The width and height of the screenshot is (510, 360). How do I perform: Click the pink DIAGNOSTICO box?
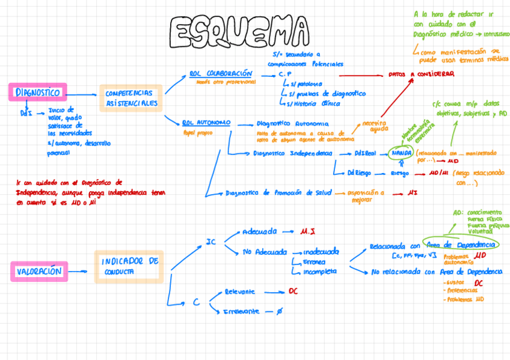click(x=37, y=93)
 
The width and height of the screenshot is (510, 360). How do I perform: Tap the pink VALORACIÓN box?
click(x=38, y=271)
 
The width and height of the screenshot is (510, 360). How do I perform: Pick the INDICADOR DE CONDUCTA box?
click(x=129, y=266)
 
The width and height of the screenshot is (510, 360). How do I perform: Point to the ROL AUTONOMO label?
click(x=206, y=123)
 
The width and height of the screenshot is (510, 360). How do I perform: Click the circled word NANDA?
click(x=401, y=153)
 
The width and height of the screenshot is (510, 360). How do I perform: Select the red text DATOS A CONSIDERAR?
click(x=421, y=75)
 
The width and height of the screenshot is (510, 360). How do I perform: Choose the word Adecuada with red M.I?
click(x=259, y=231)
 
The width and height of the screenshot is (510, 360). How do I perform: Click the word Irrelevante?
click(x=241, y=311)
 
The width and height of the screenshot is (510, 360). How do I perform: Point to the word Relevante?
click(x=239, y=291)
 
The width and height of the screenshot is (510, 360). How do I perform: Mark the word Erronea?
click(x=315, y=262)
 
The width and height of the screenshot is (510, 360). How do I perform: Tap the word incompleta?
click(x=320, y=272)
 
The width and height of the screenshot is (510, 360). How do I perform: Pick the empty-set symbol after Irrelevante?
click(x=278, y=311)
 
